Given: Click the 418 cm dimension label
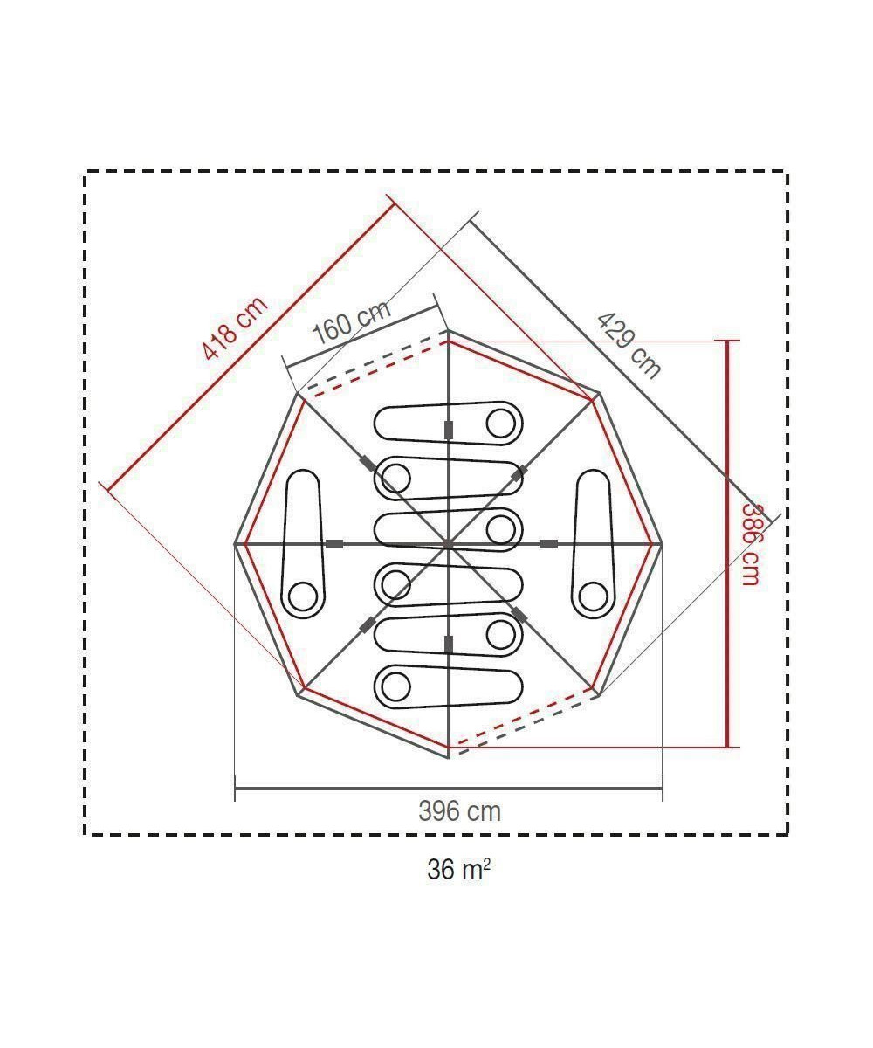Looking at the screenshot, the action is pyautogui.click(x=235, y=328).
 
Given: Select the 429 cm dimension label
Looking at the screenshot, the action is pyautogui.click(x=629, y=346).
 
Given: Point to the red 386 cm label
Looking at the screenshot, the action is pyautogui.click(x=751, y=545).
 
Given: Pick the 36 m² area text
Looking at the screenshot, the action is pyautogui.click(x=458, y=870).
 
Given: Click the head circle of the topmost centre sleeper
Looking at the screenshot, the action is pyautogui.click(x=501, y=423).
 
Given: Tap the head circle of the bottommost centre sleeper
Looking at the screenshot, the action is pyautogui.click(x=395, y=687).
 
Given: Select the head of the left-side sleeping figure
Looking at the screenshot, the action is pyautogui.click(x=303, y=596).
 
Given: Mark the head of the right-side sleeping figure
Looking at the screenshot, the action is pyautogui.click(x=593, y=596).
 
